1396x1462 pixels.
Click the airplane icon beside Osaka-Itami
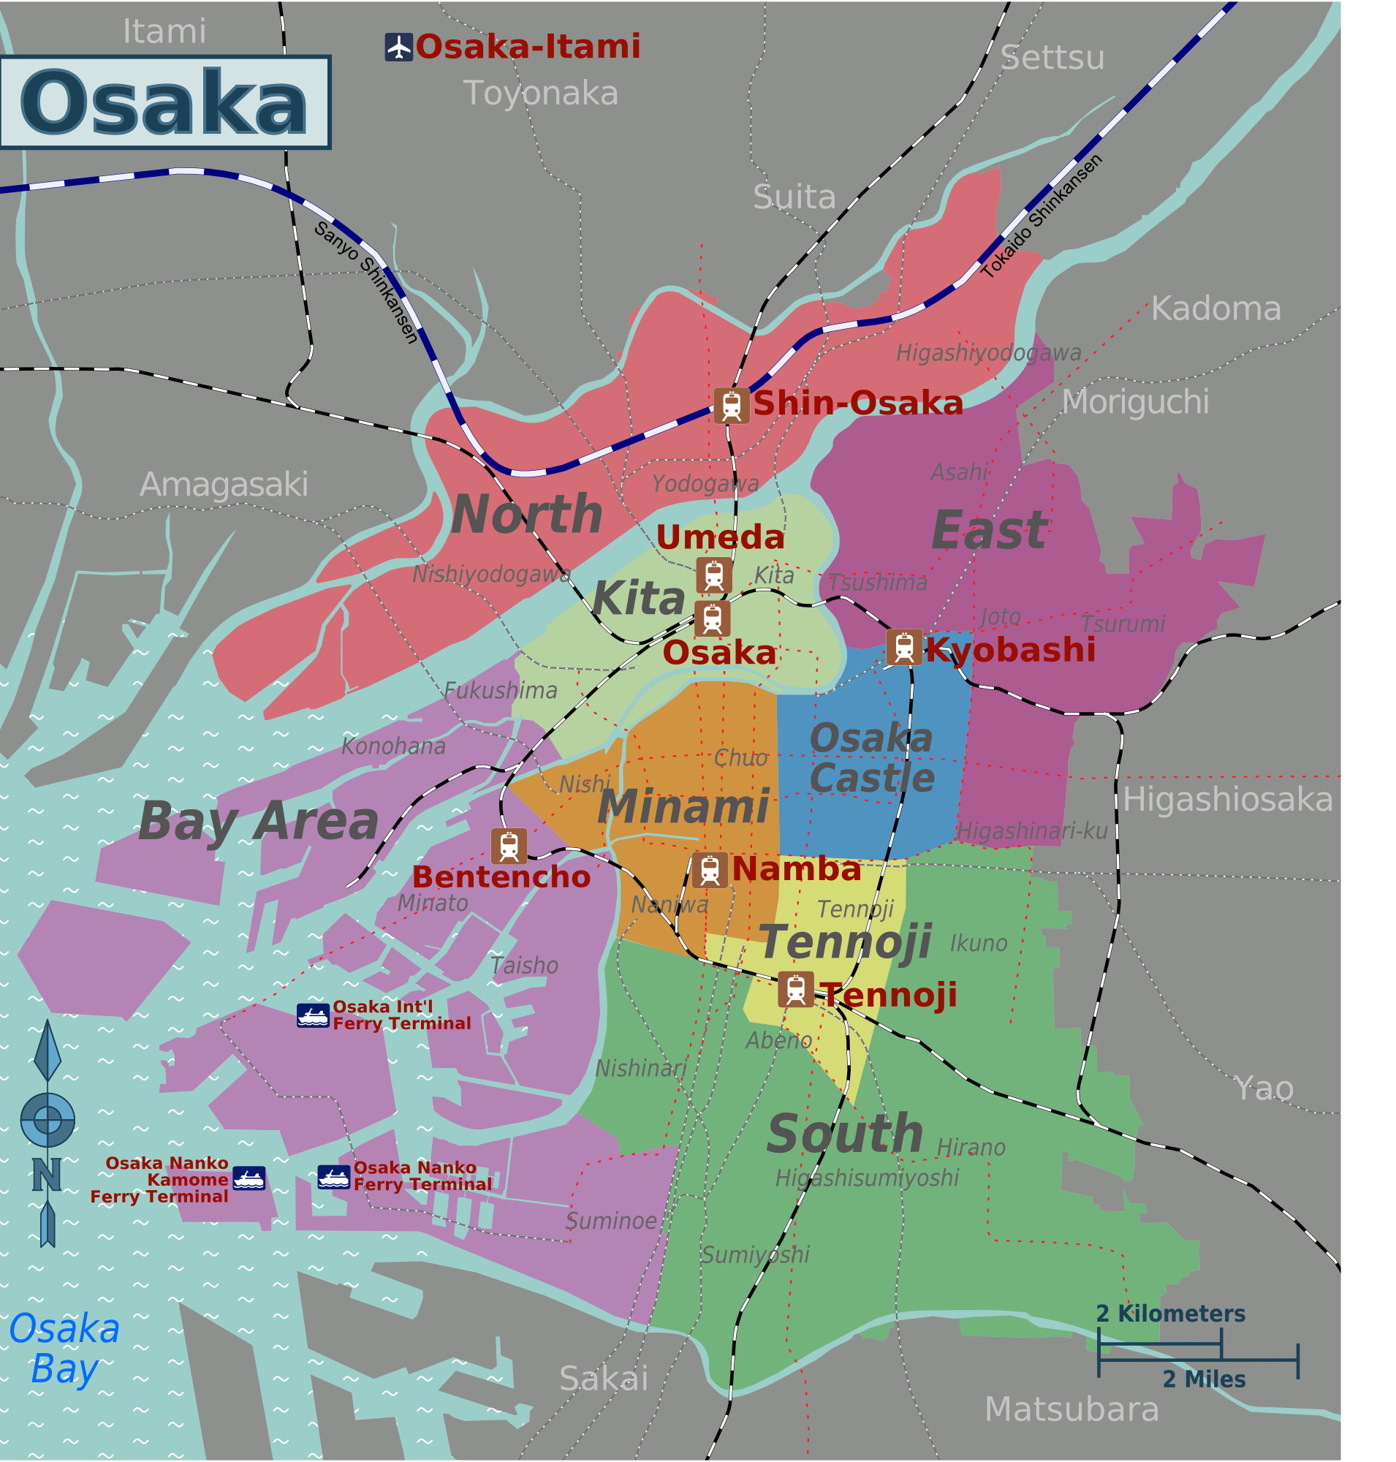pos(399,47)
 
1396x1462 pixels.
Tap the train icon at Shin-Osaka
pos(731,406)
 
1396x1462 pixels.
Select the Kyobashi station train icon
pos(904,647)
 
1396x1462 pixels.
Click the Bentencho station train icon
pos(509,846)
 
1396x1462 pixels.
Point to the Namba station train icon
pos(710,869)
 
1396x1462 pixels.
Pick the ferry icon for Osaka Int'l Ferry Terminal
pos(313,1015)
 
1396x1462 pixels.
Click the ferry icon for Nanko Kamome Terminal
pos(249,1178)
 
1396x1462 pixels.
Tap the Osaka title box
pos(164,102)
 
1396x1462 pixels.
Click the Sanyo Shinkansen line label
pos(366,282)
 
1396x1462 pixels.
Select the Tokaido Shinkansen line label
pos(1042,216)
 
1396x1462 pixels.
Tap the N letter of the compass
pos(46,1175)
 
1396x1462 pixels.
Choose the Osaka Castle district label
pos(871,758)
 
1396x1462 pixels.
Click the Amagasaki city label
pos(224,485)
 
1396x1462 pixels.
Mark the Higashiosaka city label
pos(1228,800)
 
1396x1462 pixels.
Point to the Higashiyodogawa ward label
pos(988,353)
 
